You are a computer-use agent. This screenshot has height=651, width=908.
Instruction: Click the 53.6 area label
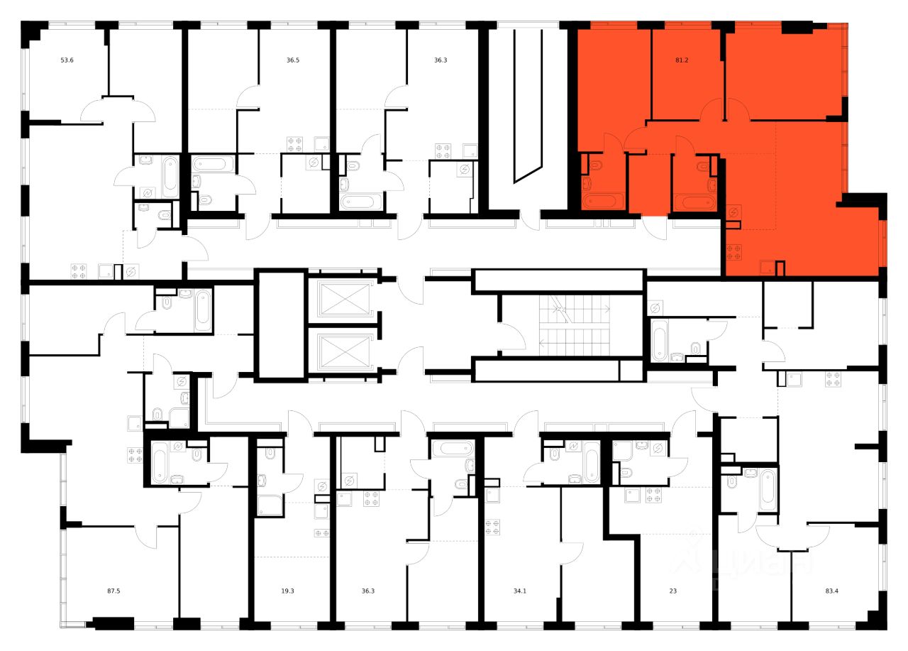click(67, 60)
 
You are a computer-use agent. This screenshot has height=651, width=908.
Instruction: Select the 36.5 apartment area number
click(293, 60)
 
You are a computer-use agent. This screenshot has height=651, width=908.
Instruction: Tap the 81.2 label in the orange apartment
click(682, 60)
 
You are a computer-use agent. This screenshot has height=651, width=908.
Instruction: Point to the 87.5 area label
click(113, 589)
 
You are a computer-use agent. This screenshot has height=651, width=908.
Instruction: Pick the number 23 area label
click(672, 589)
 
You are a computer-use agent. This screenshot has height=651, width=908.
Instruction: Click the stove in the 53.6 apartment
click(78, 270)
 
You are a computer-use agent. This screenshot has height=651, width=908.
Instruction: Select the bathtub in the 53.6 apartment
click(170, 176)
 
